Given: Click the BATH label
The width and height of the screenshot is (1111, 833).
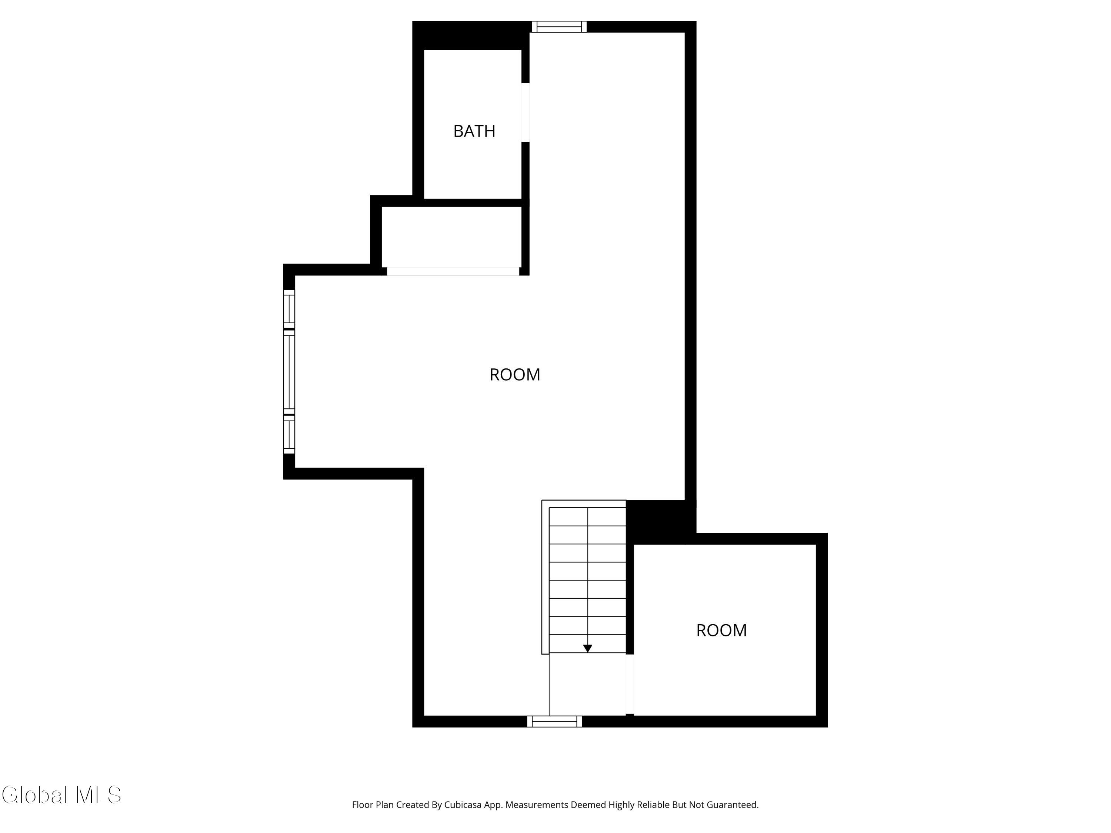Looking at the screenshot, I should point(474,131).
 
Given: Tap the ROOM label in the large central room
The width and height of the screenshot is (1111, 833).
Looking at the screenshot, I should point(515,375).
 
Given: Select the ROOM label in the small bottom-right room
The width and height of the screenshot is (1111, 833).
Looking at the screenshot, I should point(721,630).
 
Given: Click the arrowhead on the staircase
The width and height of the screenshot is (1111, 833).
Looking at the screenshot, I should point(588,649).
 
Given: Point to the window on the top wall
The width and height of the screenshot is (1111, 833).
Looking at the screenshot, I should point(559,27).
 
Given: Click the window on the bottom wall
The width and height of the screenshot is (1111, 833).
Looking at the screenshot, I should point(554,722).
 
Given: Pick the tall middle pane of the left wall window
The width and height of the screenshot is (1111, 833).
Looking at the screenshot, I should point(289,372).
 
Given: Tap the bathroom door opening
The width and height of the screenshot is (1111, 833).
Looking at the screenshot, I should point(526,113).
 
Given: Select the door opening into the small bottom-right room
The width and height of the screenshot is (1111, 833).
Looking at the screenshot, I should point(630,684).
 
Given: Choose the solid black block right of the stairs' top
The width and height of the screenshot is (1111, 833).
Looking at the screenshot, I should point(660,521).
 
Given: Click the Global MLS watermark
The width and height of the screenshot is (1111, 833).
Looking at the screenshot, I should point(61,795).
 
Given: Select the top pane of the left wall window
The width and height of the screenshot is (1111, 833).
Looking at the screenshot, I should point(289,309).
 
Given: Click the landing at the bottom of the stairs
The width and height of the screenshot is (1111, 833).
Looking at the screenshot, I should point(588,684).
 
